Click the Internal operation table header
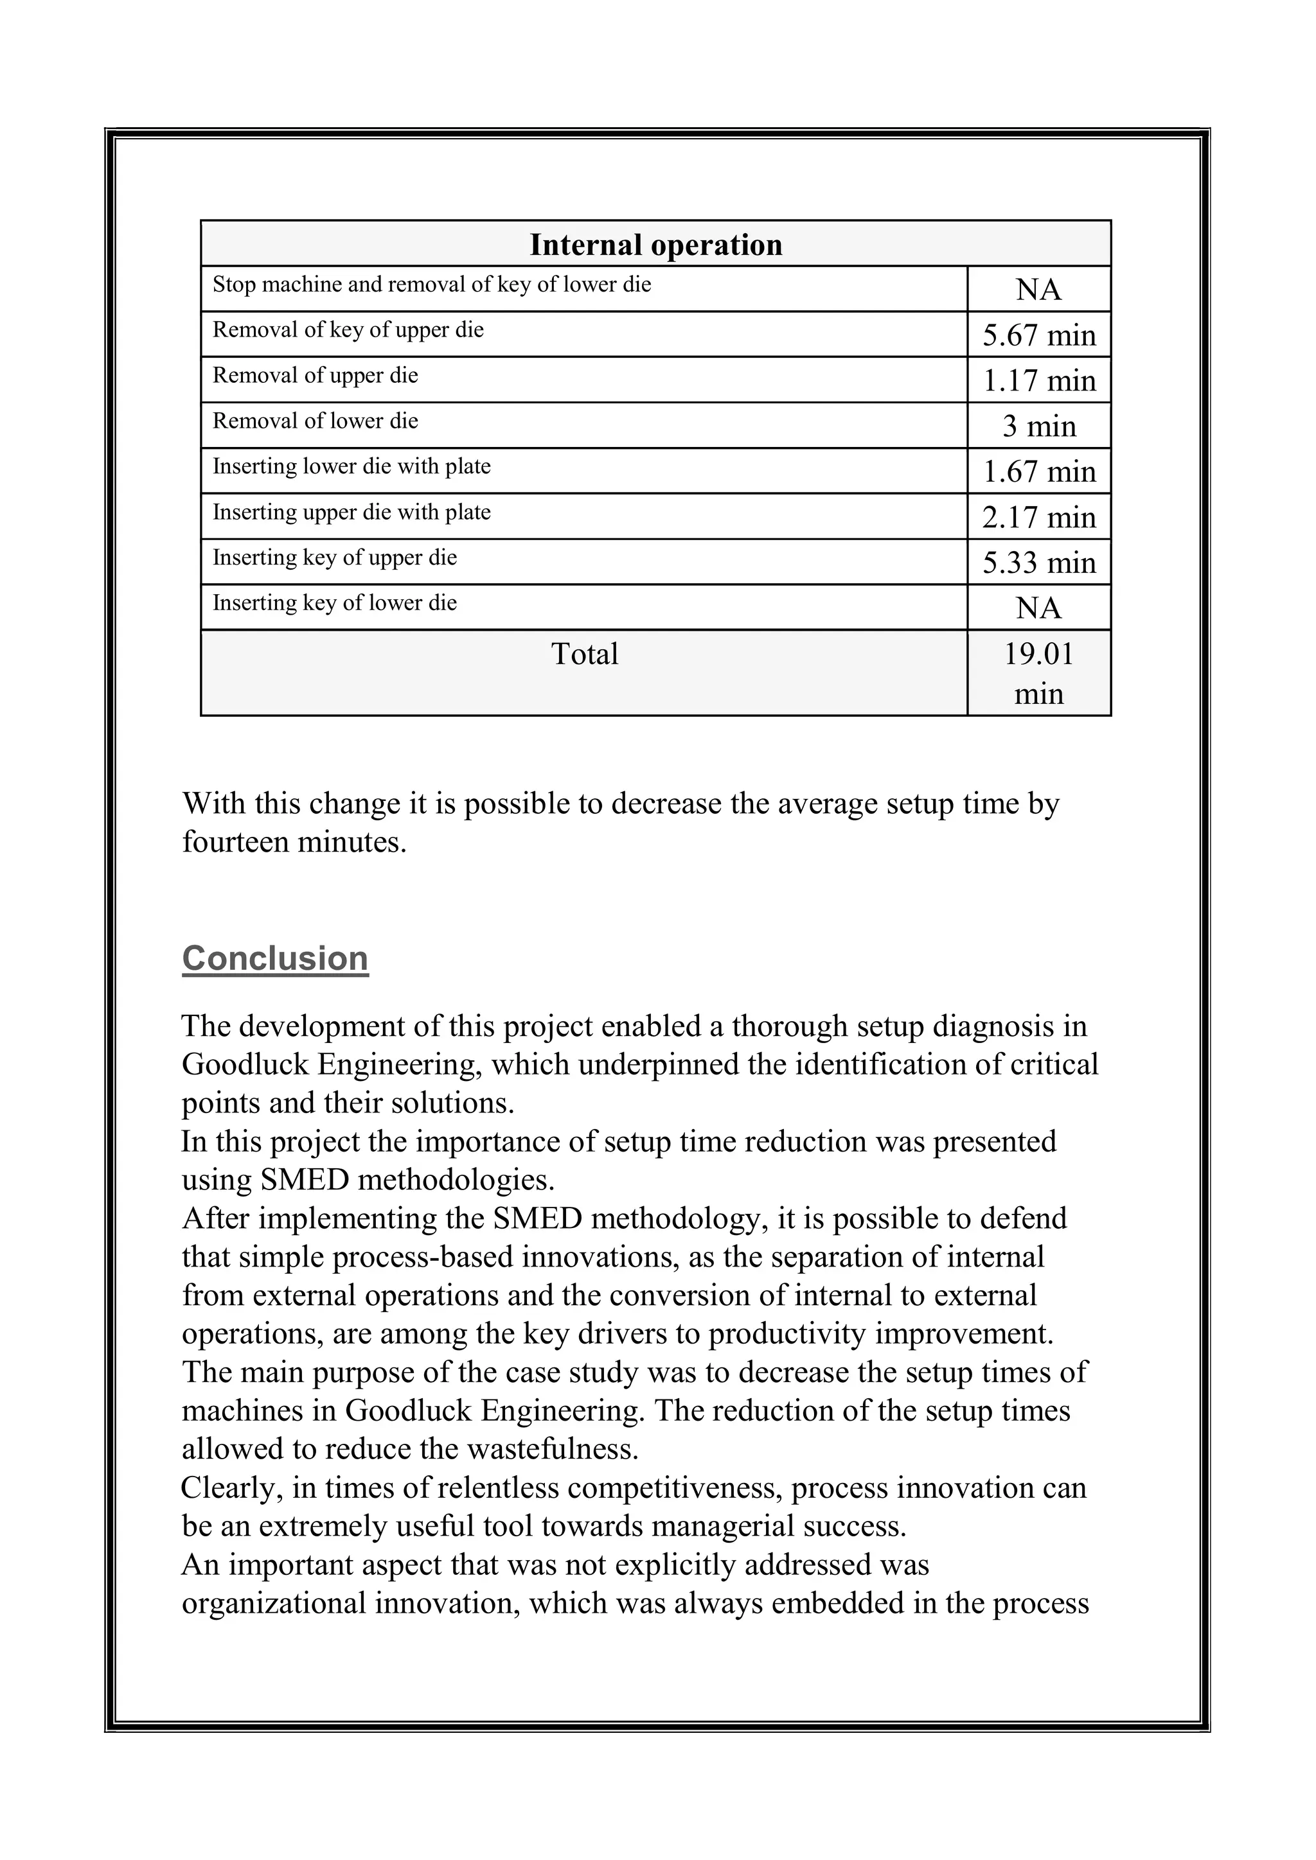655,245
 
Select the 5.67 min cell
1039,335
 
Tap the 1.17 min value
1039,381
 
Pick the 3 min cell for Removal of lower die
1039,426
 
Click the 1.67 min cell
1039,471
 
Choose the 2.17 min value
1039,517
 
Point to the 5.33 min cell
1039,562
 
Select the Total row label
584,654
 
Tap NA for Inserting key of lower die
1039,608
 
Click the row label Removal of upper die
316,376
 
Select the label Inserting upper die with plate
351,512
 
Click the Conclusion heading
275,958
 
